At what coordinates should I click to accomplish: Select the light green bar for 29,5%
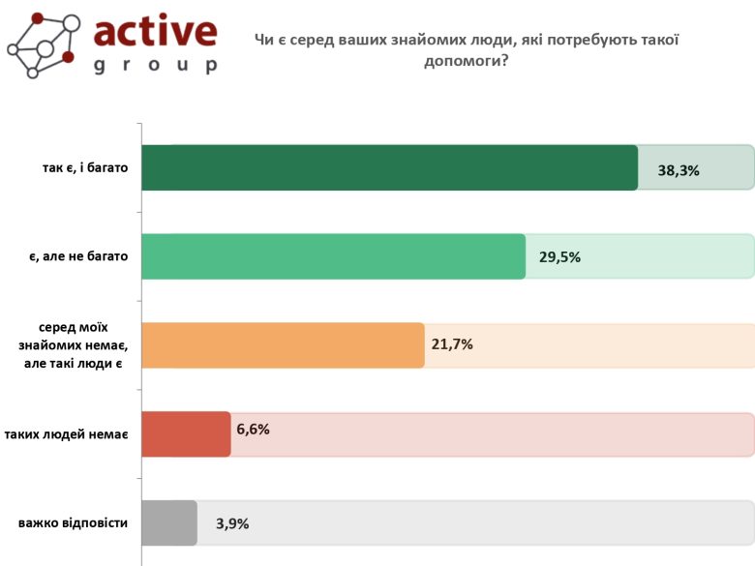pos(333,256)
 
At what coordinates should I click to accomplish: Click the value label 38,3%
pos(679,170)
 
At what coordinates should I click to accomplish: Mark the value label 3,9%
pos(232,523)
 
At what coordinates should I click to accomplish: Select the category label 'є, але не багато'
pos(77,256)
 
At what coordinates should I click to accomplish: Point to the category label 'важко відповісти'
pos(73,522)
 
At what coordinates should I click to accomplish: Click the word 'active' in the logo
pos(155,31)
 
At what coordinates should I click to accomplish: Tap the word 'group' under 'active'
pos(155,66)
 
